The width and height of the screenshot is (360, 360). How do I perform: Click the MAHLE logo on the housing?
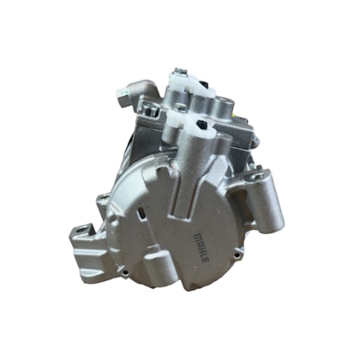pyautogui.click(x=202, y=248)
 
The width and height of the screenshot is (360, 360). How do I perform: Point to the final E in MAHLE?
pyautogui.click(x=207, y=260)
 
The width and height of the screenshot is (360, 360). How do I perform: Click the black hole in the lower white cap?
pyautogui.click(x=201, y=124)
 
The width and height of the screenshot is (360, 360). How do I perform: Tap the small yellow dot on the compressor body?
pyautogui.click(x=234, y=117)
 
